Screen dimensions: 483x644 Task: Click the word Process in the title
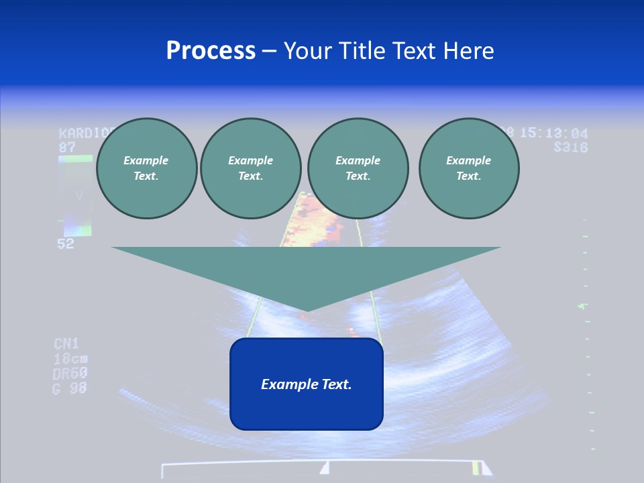pos(211,51)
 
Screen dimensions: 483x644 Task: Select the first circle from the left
pos(146,168)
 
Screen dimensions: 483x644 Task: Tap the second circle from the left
pos(250,168)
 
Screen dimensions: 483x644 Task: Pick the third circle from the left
pos(358,168)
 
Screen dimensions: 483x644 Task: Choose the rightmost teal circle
pos(468,168)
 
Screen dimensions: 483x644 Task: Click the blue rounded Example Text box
pos(306,384)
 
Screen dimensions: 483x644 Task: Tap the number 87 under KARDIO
pos(67,146)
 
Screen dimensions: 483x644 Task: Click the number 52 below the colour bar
pos(66,244)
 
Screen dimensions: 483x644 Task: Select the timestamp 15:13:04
pos(553,133)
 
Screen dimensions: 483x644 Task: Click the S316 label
pos(570,147)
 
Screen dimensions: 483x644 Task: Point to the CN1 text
pos(66,344)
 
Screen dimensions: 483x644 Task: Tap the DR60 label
pos(70,373)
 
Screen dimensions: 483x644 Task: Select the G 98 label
pos(70,388)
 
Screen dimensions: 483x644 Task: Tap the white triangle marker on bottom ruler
pos(325,467)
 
